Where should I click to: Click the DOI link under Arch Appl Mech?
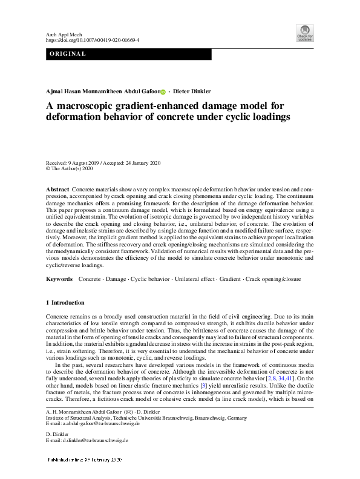coord(93,40)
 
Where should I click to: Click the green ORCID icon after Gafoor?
coord(162,91)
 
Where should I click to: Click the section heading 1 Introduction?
coord(65,302)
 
